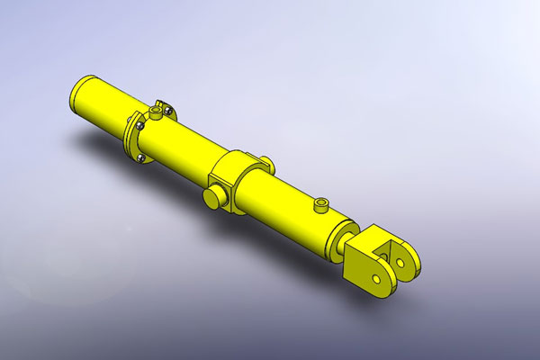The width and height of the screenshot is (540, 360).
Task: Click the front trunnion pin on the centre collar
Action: click(213, 197)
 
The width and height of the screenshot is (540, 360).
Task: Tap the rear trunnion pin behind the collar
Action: click(266, 163)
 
